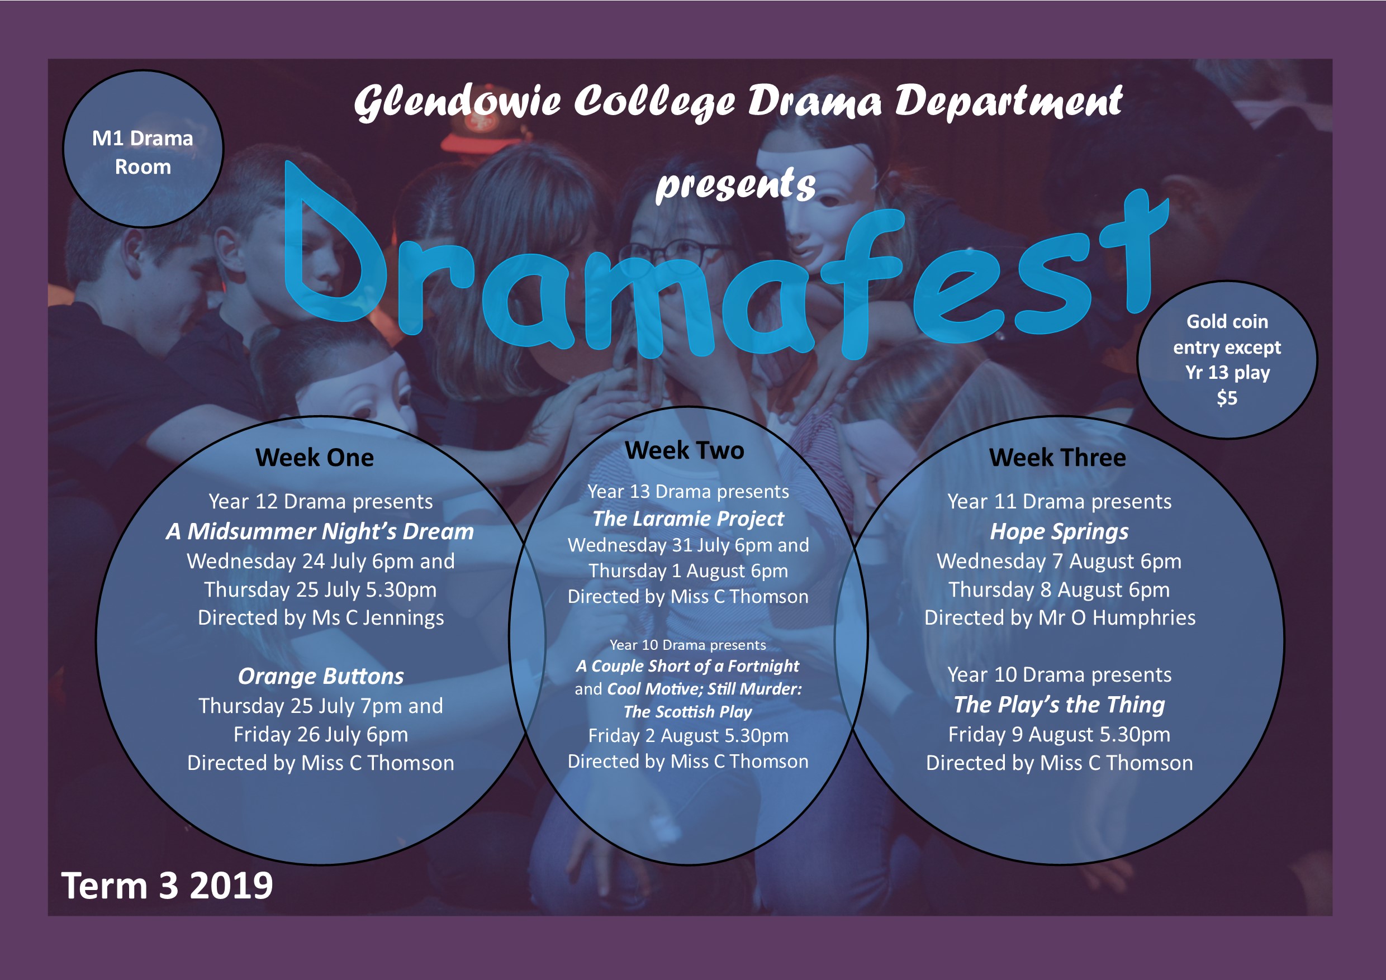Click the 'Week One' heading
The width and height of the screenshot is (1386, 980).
coord(315,458)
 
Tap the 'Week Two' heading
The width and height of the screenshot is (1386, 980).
coord(685,450)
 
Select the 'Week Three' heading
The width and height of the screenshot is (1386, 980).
coord(1057,458)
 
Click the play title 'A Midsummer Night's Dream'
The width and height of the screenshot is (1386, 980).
coord(320,532)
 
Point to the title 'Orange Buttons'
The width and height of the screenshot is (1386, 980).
coord(321,677)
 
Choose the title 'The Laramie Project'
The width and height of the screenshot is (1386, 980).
coord(688,518)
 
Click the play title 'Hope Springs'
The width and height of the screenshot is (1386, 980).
coord(1060,532)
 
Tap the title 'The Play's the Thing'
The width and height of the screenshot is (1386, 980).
coord(1060,704)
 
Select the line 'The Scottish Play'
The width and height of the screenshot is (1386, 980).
coord(688,711)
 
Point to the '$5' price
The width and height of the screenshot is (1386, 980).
coord(1227,398)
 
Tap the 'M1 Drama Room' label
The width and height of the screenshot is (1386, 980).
coord(143,152)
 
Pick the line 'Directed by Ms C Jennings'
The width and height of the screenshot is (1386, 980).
coord(321,618)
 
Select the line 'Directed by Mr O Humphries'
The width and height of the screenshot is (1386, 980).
coord(1060,618)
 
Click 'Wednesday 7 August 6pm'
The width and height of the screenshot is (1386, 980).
coord(1060,561)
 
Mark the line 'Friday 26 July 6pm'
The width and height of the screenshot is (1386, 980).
coord(321,734)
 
